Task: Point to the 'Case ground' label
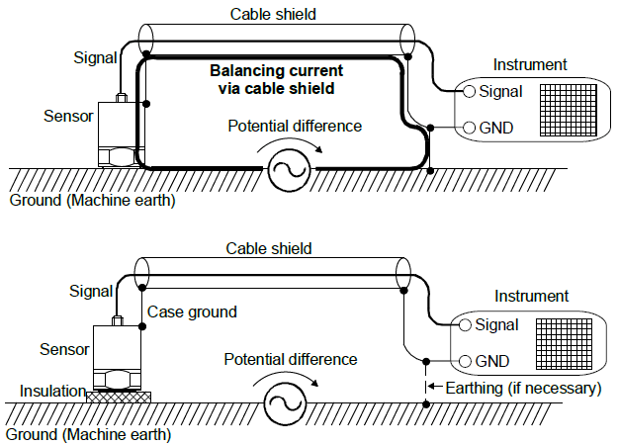click(193, 312)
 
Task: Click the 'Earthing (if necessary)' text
click(521, 388)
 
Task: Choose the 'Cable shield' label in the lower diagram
click(269, 247)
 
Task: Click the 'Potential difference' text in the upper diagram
click(295, 127)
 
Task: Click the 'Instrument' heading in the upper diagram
click(530, 65)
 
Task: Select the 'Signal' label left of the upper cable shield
click(95, 56)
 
